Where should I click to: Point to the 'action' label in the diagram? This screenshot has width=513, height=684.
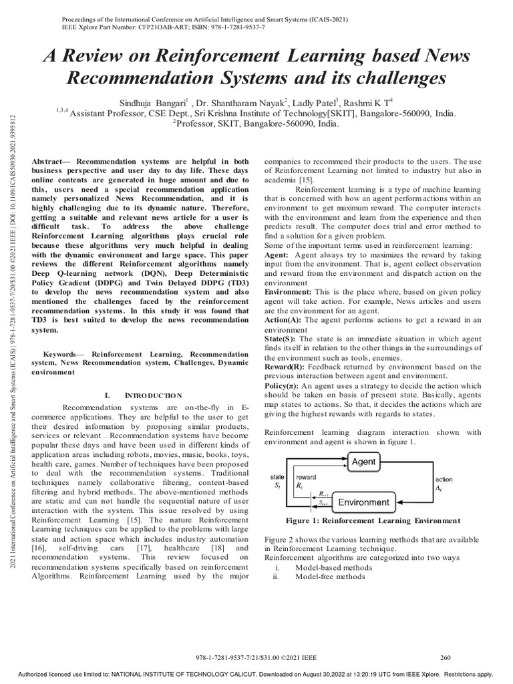(x=444, y=480)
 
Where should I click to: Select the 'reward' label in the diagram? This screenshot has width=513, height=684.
(x=307, y=477)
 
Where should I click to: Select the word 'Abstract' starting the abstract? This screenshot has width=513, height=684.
(x=48, y=162)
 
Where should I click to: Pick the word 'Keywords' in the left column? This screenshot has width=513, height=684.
(x=63, y=353)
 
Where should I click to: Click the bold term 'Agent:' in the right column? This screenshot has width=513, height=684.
(x=277, y=256)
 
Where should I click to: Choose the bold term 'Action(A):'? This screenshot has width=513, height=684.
(x=283, y=320)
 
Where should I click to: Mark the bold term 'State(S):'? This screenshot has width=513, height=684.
(x=281, y=339)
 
